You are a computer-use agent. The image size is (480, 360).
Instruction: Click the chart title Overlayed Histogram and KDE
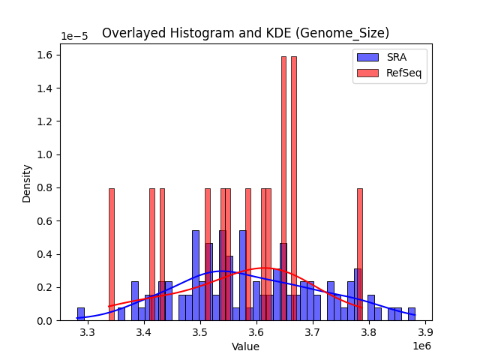pyautogui.click(x=245, y=33)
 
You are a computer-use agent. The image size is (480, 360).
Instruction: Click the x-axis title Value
pyautogui.click(x=245, y=346)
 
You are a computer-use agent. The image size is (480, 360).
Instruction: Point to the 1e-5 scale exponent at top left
pyautogui.click(x=73, y=37)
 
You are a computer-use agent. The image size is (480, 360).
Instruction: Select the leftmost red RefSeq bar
pyautogui.click(x=111, y=254)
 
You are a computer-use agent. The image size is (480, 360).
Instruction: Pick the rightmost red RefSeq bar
pyautogui.click(x=359, y=254)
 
